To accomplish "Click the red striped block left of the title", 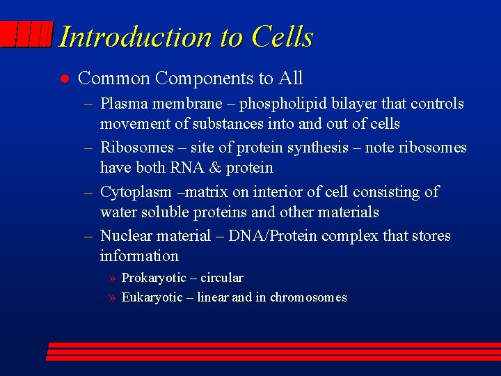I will click(x=26, y=34).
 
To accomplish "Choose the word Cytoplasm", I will click(x=134, y=192).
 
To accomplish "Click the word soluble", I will click(x=163, y=212).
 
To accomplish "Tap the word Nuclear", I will click(x=127, y=236).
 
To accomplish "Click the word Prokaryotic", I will click(x=156, y=278).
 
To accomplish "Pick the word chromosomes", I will click(x=308, y=297).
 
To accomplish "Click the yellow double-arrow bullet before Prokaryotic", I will click(x=112, y=279).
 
